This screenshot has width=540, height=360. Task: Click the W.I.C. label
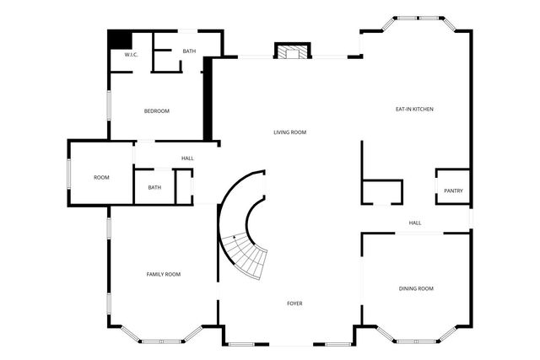click(132, 55)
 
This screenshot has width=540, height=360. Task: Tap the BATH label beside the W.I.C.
click(189, 51)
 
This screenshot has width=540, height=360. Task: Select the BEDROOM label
click(157, 111)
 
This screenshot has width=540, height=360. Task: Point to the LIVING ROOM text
click(290, 132)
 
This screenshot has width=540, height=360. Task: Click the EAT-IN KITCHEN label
click(414, 109)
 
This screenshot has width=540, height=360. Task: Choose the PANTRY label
click(454, 191)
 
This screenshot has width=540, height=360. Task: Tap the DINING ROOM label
click(416, 288)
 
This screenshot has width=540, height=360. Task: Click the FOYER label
click(294, 304)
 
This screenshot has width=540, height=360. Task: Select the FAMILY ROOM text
click(164, 274)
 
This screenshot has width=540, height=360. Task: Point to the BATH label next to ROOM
click(154, 187)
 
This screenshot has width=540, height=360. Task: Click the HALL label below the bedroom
click(187, 159)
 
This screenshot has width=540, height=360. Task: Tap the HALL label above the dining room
click(415, 223)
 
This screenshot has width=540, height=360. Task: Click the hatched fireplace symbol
click(293, 51)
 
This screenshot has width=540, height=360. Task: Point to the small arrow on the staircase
click(235, 237)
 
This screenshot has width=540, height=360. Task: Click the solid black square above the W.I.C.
click(120, 40)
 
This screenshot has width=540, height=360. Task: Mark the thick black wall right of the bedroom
click(208, 99)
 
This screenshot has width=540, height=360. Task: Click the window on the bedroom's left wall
click(109, 105)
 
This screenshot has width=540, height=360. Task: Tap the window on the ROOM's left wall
click(69, 174)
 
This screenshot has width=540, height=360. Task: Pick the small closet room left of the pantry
click(382, 192)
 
